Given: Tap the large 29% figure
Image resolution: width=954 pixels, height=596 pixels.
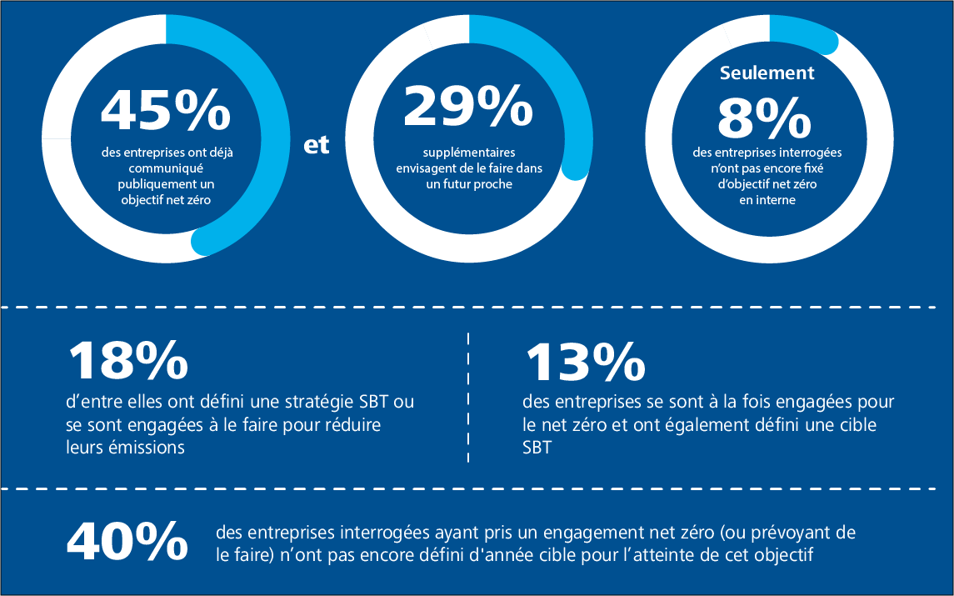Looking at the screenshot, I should pos(468,106).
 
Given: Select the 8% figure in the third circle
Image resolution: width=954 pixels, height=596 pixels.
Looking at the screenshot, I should pos(764,118).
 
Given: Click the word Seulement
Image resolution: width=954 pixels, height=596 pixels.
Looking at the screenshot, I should pos(767,73).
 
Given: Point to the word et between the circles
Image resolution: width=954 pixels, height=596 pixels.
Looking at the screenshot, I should pos(317,144).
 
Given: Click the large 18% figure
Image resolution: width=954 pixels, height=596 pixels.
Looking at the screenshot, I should pos(127,359).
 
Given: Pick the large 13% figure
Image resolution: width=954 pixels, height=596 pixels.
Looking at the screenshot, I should pos(585,359).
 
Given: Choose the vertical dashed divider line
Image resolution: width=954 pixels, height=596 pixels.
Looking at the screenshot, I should pos(468,396).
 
